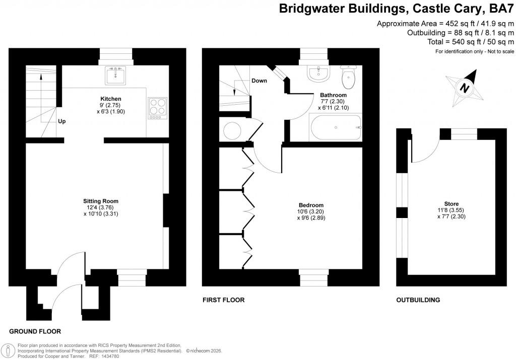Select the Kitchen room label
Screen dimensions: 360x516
(x=111, y=99)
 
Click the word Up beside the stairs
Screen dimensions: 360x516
(x=62, y=121)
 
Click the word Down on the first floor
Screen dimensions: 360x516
(x=259, y=81)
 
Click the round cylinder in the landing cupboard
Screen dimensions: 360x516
(x=233, y=131)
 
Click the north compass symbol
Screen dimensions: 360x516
(x=464, y=85)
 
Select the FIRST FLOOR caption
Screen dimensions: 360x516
(x=223, y=300)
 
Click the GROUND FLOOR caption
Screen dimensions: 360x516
(x=35, y=331)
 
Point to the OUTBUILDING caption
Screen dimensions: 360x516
(x=418, y=300)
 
